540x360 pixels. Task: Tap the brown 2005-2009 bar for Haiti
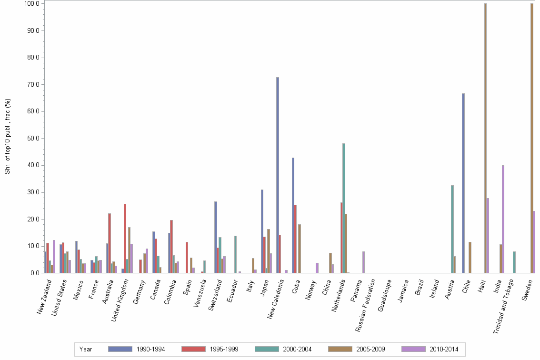[485, 138]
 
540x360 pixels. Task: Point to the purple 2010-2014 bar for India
[503, 219]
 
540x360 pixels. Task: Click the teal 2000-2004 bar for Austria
[452, 229]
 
